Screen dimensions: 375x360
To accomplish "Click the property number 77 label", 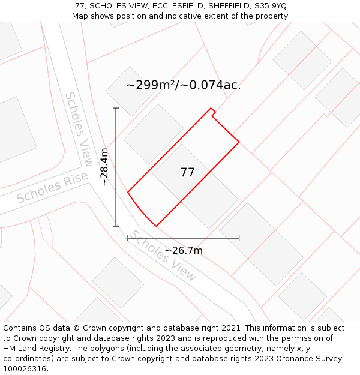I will [187, 173].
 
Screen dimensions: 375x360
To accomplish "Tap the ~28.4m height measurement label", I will [104, 167].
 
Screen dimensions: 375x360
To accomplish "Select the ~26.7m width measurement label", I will [184, 250].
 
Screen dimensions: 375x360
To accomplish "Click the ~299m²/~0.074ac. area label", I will [183, 85].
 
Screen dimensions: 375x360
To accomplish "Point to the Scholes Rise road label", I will [52, 189].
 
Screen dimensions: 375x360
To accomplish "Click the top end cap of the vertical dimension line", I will [116, 108].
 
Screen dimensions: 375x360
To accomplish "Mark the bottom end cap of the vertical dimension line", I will [116, 226].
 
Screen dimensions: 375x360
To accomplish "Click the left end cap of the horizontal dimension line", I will [128, 238].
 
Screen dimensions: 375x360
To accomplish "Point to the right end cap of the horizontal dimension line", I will [239, 238].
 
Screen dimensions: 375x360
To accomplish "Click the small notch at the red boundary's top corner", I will [213, 112].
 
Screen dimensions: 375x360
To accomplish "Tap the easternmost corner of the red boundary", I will [239, 142].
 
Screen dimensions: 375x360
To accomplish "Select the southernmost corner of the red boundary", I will [157, 226].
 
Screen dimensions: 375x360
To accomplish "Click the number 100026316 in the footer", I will [25, 369].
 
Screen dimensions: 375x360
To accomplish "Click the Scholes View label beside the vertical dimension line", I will [79, 129].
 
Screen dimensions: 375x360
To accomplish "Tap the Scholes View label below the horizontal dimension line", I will [164, 256].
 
